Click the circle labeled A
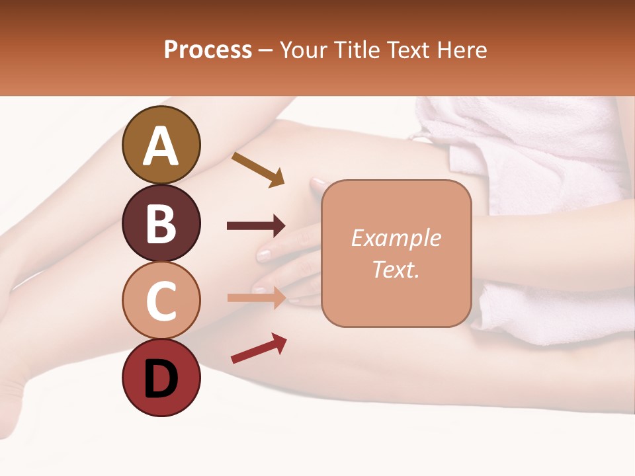(161, 145)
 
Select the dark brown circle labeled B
(161, 223)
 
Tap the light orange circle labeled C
(161, 300)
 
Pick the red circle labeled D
(161, 377)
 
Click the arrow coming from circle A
(258, 169)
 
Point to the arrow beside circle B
(256, 226)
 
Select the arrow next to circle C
(257, 297)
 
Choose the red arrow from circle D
(259, 348)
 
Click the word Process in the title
(208, 50)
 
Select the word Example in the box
(396, 238)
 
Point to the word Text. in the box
(396, 270)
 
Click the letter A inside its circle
(161, 146)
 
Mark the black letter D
(161, 378)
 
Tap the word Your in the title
(305, 50)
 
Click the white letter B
(161, 223)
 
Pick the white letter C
(161, 301)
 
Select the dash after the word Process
(265, 51)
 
